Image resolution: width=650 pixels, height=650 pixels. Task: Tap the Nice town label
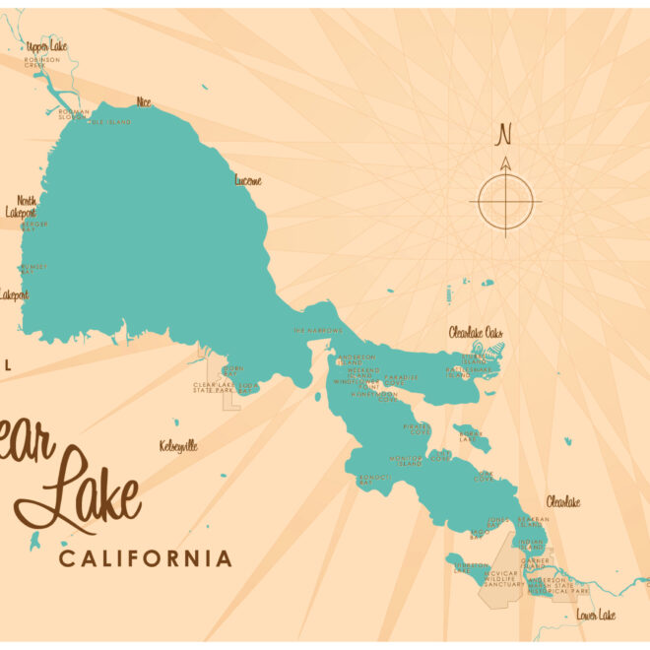point(145,101)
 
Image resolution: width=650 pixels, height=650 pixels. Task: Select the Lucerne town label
point(248,180)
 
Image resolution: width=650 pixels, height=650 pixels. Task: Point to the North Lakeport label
point(21,206)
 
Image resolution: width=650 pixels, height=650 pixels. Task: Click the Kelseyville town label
point(178,446)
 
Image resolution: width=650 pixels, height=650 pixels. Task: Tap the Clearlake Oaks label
point(476,333)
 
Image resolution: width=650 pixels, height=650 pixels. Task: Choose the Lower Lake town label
point(595,615)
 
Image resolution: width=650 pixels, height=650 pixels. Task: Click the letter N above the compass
point(505,133)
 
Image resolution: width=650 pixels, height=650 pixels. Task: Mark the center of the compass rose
point(506,203)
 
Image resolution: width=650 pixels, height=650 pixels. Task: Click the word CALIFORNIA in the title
point(146,559)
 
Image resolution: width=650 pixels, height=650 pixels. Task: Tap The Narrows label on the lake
point(317,331)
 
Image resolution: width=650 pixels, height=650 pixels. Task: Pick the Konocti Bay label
point(374,480)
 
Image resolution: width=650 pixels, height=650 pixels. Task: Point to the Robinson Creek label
point(42,62)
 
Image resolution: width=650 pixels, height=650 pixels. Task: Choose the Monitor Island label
point(405,461)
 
